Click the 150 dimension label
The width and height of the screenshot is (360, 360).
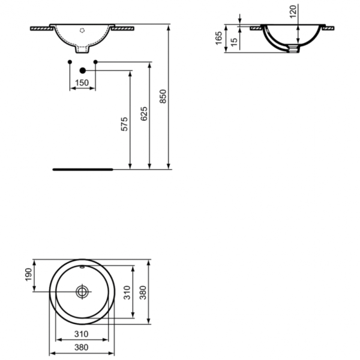point(82,83)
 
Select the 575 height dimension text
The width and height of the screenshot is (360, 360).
point(125,124)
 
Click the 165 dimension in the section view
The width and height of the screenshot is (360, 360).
point(220,38)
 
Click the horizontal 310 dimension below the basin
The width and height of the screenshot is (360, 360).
point(82,333)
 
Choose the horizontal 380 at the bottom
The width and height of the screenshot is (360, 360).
point(82,346)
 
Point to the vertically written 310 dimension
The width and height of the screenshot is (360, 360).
point(127,292)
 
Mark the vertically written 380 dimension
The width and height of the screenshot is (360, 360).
point(143,292)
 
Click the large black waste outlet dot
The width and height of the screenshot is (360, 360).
point(83,71)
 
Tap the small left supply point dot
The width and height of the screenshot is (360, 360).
point(70,62)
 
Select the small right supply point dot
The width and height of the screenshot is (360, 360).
point(95,62)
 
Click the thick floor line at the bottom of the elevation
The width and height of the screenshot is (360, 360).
point(82,169)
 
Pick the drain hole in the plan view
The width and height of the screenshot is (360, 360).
point(82,292)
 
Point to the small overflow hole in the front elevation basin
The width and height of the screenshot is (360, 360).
point(83,29)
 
